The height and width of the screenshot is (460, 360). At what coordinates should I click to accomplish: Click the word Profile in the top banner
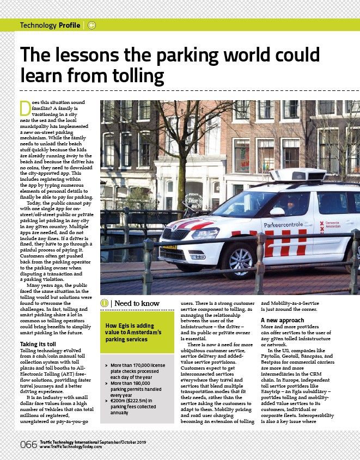click(70, 25)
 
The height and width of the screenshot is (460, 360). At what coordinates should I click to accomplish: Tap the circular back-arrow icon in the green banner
click(91, 25)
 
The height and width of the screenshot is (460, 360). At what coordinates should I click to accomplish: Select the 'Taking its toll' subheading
click(38, 345)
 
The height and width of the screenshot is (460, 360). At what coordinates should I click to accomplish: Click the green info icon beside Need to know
click(104, 303)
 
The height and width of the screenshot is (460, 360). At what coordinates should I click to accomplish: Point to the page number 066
click(29, 445)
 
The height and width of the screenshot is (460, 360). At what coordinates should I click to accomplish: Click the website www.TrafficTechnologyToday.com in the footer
click(71, 447)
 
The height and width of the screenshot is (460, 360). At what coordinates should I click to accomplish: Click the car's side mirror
click(277, 211)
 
